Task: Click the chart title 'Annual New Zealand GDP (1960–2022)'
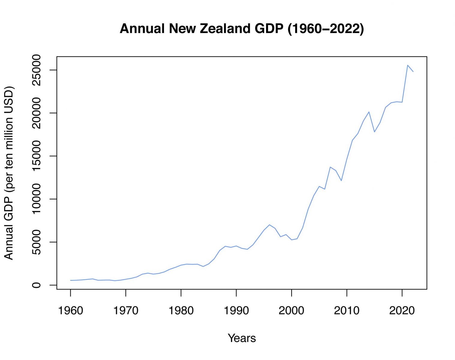click(x=242, y=29)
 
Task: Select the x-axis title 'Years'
click(x=242, y=338)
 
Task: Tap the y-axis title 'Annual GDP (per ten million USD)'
click(x=9, y=173)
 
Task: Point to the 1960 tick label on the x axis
click(x=70, y=310)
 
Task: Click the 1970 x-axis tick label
click(x=126, y=310)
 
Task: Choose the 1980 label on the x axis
click(x=181, y=310)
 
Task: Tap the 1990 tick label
click(x=236, y=310)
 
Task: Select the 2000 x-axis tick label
click(x=292, y=310)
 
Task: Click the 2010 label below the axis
click(x=347, y=310)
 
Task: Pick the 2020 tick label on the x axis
click(x=402, y=310)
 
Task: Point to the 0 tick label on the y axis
click(x=36, y=285)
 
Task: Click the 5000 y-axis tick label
click(x=36, y=242)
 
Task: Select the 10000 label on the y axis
click(x=36, y=199)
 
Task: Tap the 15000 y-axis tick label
click(x=36, y=156)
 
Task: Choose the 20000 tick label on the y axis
click(x=36, y=113)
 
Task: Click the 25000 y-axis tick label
click(x=36, y=70)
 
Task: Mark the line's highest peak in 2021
click(x=408, y=65)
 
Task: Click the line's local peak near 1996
click(x=270, y=225)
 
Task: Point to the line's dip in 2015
click(x=374, y=132)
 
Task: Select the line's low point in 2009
click(x=341, y=181)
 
